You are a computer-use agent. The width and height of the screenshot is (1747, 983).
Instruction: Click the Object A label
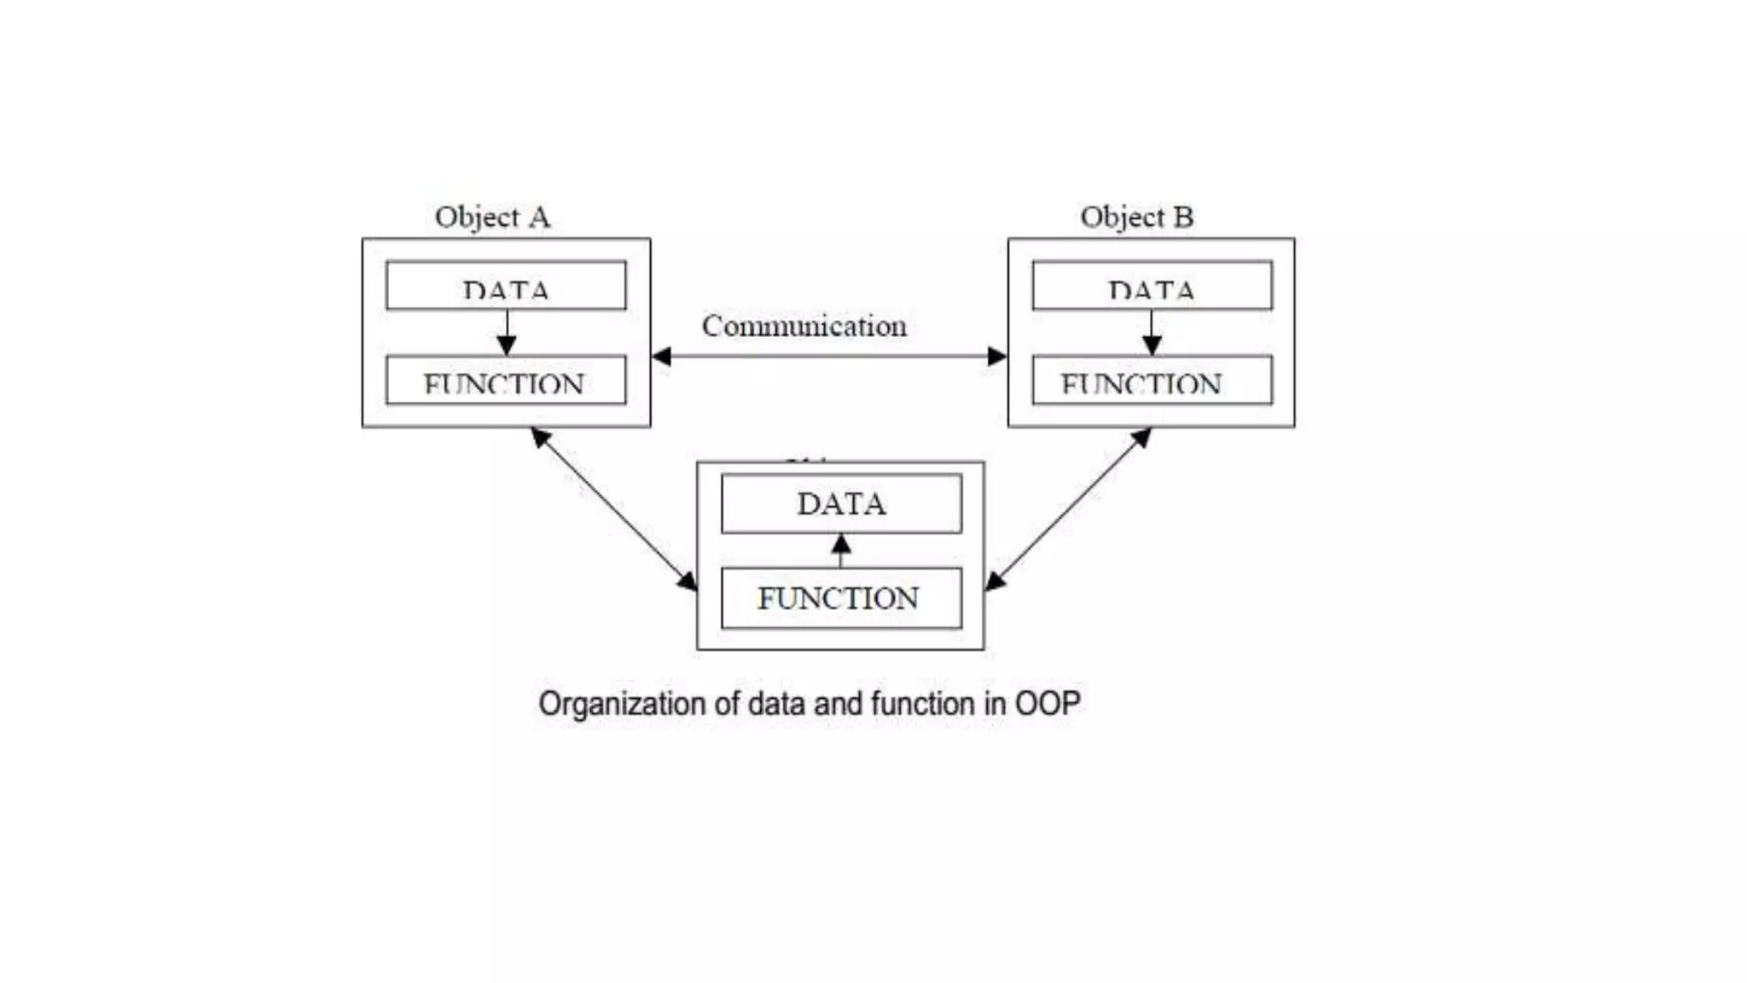click(x=492, y=218)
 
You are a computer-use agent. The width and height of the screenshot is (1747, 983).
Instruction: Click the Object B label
click(x=1136, y=218)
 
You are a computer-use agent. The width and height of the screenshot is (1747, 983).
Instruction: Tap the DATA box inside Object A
click(x=506, y=286)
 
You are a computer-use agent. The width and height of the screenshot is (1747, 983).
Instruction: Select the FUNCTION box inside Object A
click(x=506, y=381)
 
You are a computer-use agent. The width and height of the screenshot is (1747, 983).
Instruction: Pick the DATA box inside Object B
click(x=1152, y=286)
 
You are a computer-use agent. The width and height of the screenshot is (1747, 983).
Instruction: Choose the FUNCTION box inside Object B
click(x=1152, y=381)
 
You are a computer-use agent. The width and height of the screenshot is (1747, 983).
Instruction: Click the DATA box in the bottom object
click(x=841, y=503)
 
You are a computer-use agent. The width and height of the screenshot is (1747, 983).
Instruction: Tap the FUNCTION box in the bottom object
click(x=841, y=598)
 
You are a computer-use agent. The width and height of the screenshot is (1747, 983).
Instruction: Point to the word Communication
click(x=804, y=326)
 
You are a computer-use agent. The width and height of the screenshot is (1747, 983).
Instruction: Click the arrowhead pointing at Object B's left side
click(x=997, y=357)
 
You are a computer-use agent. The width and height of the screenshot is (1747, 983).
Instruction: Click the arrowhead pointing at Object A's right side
click(x=662, y=357)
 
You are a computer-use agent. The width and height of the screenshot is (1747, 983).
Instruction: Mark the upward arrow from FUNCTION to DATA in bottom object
click(x=841, y=550)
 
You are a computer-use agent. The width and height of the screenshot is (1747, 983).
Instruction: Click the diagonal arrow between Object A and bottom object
click(x=614, y=509)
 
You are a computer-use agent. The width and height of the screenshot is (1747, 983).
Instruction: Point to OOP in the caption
click(x=1048, y=704)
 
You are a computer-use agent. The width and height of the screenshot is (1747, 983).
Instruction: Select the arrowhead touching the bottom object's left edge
click(x=688, y=582)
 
